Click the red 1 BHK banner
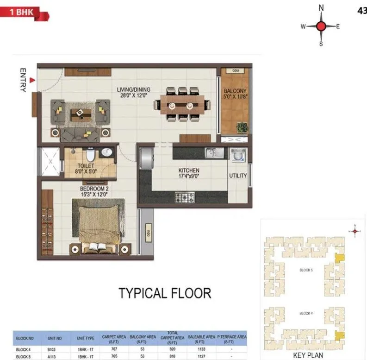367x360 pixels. (x=23, y=13)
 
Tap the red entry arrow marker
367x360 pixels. (x=31, y=81)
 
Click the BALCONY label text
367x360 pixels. (x=235, y=91)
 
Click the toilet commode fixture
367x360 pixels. (x=91, y=153)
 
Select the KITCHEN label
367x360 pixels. (x=189, y=171)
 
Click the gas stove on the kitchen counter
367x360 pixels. (x=184, y=198)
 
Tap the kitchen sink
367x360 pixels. (x=214, y=153)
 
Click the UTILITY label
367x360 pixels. (x=238, y=176)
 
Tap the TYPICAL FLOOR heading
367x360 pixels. (x=165, y=293)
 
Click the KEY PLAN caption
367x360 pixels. (x=307, y=356)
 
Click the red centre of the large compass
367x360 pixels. (x=321, y=26)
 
